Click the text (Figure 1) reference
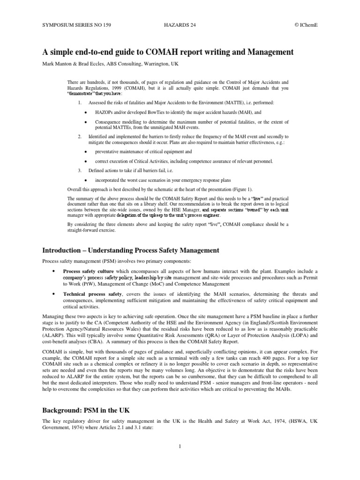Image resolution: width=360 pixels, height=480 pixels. coord(239,189)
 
